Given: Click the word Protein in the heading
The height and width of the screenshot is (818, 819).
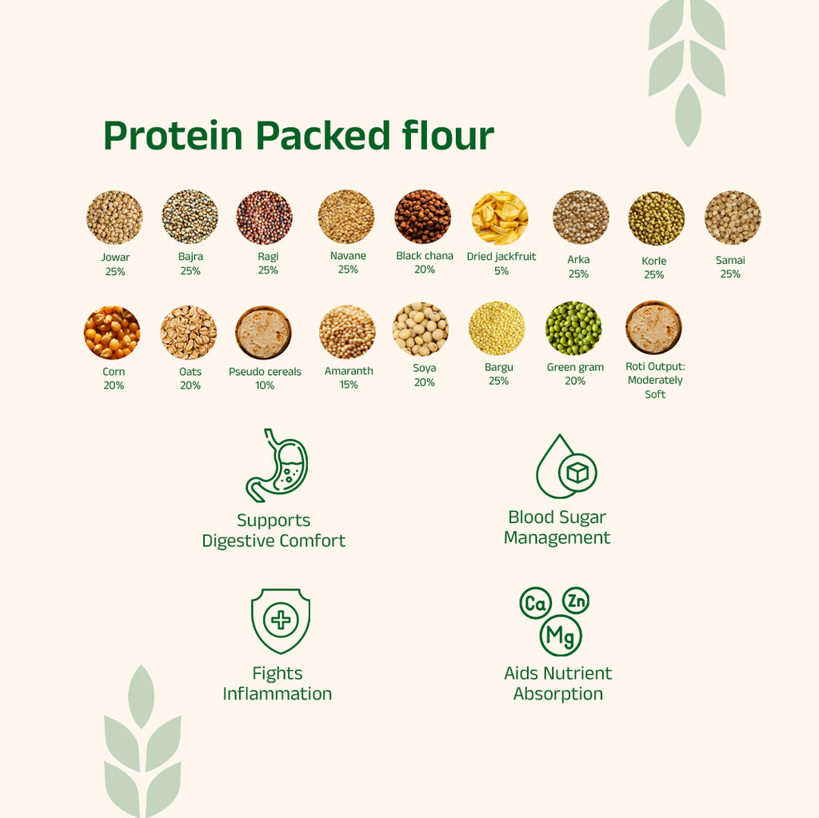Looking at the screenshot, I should [173, 136].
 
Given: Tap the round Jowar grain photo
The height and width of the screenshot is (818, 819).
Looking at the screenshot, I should [114, 217].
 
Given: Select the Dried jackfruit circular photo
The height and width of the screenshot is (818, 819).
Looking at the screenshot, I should [500, 217].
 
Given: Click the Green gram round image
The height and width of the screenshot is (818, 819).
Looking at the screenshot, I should [573, 329].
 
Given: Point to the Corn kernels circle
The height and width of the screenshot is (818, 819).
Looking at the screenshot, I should [112, 333].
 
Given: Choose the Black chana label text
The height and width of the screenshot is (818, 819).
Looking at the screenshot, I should [425, 256].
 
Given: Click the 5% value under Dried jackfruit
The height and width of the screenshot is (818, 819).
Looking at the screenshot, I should [501, 270].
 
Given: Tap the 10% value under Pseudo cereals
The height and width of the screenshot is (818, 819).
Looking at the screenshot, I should [265, 385].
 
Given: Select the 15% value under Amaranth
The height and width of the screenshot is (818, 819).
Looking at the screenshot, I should [348, 385].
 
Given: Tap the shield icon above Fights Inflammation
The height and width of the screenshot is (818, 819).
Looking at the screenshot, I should [281, 620].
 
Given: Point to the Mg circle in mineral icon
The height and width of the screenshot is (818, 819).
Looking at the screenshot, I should [561, 636].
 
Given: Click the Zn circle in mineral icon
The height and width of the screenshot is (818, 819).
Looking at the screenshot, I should [576, 601].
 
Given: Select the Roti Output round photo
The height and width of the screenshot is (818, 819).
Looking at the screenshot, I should [653, 329].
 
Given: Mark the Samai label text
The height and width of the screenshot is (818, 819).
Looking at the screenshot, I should [730, 260].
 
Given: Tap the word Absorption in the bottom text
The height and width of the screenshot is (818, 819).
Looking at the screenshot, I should [558, 694].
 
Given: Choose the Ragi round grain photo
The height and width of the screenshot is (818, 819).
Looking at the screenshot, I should [264, 217].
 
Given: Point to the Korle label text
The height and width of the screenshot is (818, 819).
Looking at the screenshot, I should [653, 261].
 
